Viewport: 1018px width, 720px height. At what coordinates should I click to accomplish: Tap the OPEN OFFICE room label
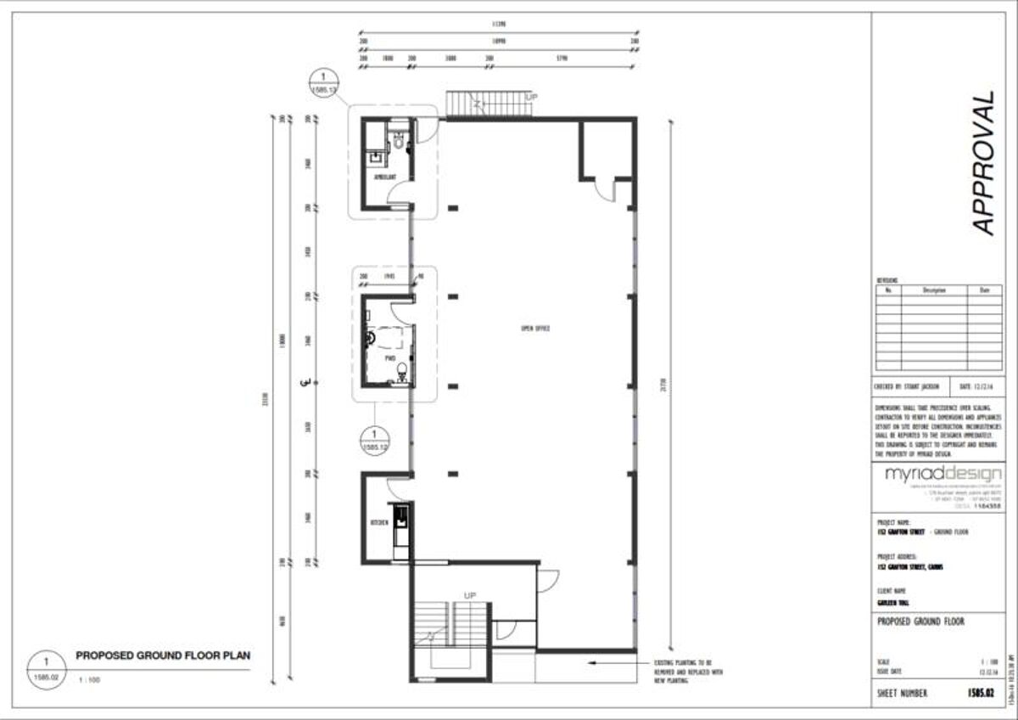pos(536,328)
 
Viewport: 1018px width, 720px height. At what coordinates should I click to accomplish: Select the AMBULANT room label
pos(386,177)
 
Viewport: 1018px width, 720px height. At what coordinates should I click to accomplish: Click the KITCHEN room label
pos(378,522)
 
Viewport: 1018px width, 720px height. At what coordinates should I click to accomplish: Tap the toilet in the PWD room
pos(402,371)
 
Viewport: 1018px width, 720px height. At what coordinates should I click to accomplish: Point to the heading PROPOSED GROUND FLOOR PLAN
pos(163,655)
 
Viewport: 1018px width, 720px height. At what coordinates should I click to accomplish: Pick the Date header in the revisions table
pos(984,290)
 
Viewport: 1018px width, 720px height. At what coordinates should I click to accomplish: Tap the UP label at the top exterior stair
pos(532,98)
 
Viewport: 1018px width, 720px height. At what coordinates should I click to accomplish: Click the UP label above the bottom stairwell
pos(469,594)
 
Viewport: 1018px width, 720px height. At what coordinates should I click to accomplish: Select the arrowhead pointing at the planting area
pos(590,662)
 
